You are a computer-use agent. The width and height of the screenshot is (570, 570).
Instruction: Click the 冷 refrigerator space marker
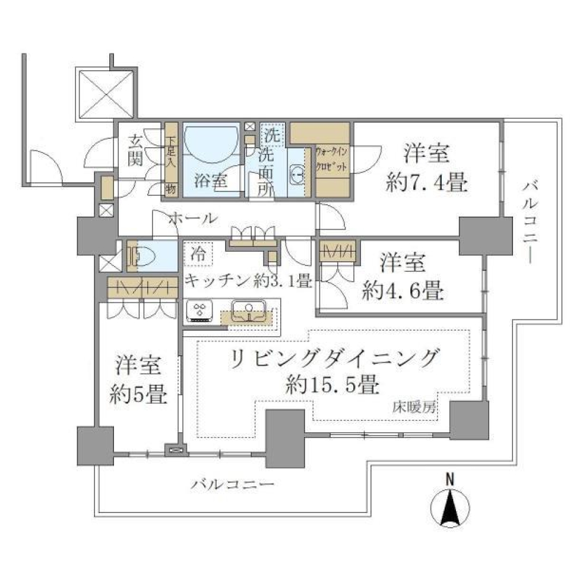point(197,255)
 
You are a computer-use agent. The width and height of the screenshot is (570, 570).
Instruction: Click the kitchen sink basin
point(248,311)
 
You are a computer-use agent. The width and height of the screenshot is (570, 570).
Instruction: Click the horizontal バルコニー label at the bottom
point(232,484)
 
